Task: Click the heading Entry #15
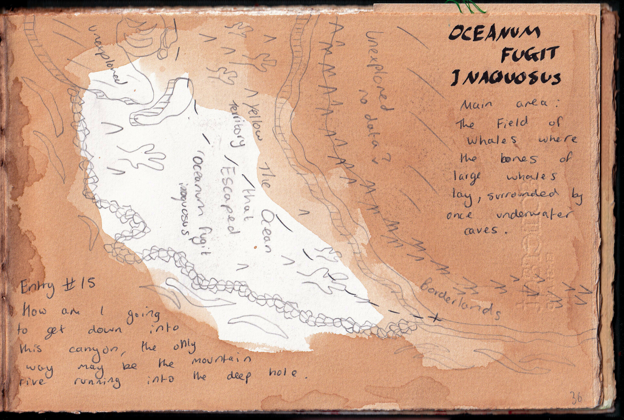click(58, 287)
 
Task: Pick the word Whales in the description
click(492, 140)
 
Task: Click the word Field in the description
click(512, 123)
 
